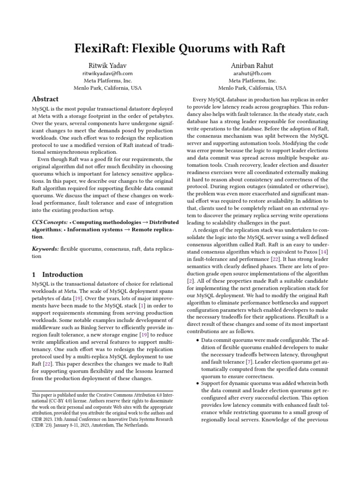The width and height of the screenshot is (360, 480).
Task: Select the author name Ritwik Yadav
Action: pos(107,65)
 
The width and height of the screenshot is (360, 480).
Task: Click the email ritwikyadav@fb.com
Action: pos(107,73)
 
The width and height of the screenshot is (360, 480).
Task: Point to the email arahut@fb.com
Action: pos(253,73)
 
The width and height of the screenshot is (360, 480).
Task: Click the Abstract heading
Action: pos(45,99)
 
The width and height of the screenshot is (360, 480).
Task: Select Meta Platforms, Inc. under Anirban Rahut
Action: pos(253,80)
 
